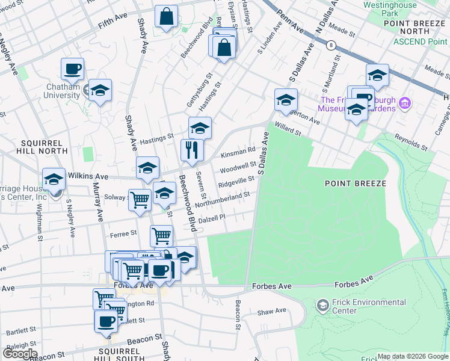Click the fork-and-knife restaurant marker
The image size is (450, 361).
[x=193, y=150]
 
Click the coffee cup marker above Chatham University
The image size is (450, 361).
[x=72, y=69]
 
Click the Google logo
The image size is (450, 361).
[x=20, y=353]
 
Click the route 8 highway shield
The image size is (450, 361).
[x=331, y=45]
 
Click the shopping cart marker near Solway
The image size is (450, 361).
[x=140, y=199]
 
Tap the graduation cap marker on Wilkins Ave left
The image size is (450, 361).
[x=54, y=179]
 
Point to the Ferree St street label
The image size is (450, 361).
[x=125, y=232]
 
